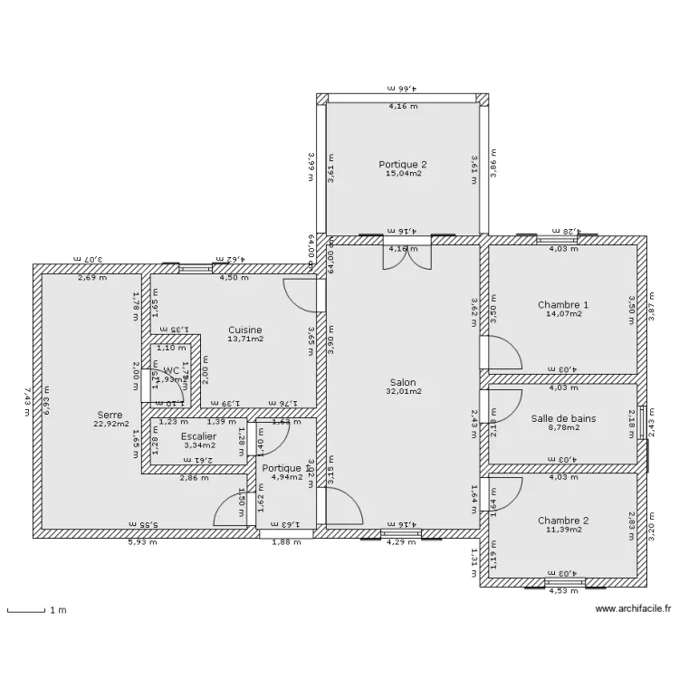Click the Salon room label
tap(403, 382)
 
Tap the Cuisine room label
tap(245, 330)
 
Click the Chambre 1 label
tap(563, 305)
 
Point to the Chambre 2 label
tap(563, 521)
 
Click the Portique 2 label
tap(403, 164)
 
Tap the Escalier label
tap(198, 436)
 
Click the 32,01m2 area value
tap(403, 392)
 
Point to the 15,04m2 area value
tap(403, 173)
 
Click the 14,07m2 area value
tap(563, 314)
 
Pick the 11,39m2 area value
tap(563, 530)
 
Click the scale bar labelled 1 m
tap(27, 611)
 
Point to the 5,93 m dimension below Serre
tap(142, 542)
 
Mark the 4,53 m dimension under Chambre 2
tap(562, 592)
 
